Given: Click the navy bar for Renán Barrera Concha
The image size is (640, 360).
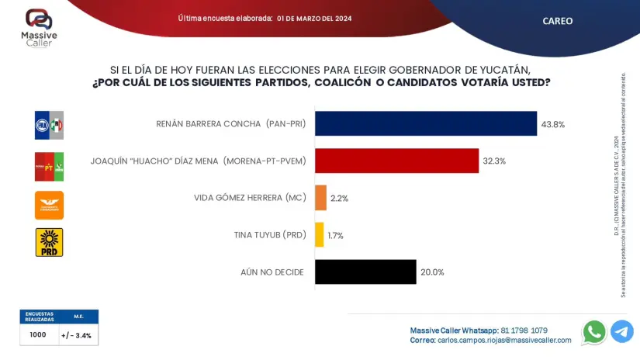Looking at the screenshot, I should click(426, 123).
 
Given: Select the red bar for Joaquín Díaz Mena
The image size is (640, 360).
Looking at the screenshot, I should click(396, 161).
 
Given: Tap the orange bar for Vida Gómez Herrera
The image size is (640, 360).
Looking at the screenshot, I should click(320, 198).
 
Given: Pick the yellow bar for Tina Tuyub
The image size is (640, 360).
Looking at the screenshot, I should click(319, 235).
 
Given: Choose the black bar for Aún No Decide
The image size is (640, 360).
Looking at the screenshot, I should click(365, 272).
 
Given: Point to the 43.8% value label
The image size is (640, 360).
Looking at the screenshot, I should click(553, 124).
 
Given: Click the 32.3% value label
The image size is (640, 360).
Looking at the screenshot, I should click(494, 161).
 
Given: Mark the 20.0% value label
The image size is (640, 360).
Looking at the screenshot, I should click(432, 272).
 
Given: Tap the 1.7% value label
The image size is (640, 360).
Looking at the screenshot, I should click(335, 236).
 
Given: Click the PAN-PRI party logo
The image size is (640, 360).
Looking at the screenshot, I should click(49, 125).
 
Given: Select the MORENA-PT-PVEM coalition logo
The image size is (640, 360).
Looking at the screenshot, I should click(49, 166).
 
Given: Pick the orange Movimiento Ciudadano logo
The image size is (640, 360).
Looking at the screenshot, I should click(49, 205).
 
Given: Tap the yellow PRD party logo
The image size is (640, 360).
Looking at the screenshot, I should click(49, 242).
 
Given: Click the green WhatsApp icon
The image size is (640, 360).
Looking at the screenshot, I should click(594, 332).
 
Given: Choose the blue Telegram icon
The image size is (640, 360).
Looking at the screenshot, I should click(622, 332).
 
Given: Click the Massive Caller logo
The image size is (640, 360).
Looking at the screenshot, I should click(39, 28).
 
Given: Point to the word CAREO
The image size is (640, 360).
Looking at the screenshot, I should click(557, 21).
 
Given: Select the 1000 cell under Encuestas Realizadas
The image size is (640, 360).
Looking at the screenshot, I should click(38, 335).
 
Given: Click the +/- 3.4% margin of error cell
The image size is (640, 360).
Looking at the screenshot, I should click(77, 336).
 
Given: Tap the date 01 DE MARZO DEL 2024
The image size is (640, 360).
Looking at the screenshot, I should click(314, 19).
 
